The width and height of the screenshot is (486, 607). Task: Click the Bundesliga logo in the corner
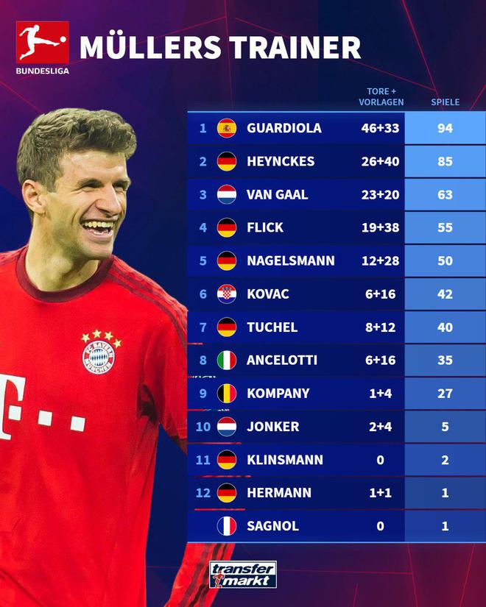tap(42, 46)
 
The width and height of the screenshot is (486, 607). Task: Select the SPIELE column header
tap(445, 102)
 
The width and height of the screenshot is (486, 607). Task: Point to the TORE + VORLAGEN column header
tap(381, 97)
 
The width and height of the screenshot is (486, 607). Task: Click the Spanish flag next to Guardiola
tap(226, 128)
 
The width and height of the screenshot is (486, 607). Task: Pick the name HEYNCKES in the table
tap(281, 161)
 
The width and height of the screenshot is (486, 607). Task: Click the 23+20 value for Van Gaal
tap(381, 194)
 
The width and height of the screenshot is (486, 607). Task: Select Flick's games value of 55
tap(445, 227)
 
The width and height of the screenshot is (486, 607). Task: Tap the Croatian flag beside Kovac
tap(226, 294)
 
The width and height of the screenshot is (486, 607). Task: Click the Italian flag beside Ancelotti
tap(226, 360)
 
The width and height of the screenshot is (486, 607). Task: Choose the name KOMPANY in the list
tap(278, 393)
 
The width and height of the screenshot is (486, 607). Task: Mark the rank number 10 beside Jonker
tap(202, 427)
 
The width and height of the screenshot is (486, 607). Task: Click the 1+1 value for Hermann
tap(381, 492)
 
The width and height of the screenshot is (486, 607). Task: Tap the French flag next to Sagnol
tap(226, 525)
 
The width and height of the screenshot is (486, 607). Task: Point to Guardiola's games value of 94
tap(445, 128)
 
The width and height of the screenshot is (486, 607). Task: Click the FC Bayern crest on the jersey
tap(99, 352)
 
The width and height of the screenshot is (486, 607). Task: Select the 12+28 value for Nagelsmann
tap(381, 260)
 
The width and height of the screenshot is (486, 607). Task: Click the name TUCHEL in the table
tap(272, 327)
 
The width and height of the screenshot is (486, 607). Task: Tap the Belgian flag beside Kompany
tap(226, 393)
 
